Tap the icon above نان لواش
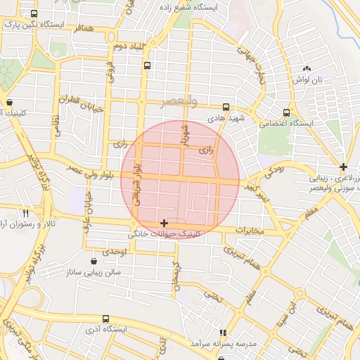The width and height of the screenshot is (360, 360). tap(306, 68)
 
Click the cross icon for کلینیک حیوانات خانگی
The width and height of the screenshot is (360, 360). tap(164, 223)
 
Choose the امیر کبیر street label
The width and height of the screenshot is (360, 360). tap(257, 191)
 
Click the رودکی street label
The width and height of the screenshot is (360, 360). tap(274, 170)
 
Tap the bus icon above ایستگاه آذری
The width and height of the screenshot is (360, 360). tap(105, 319)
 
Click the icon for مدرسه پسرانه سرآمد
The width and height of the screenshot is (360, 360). tap(223, 333)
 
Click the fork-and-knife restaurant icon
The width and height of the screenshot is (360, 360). tap(25, 212)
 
